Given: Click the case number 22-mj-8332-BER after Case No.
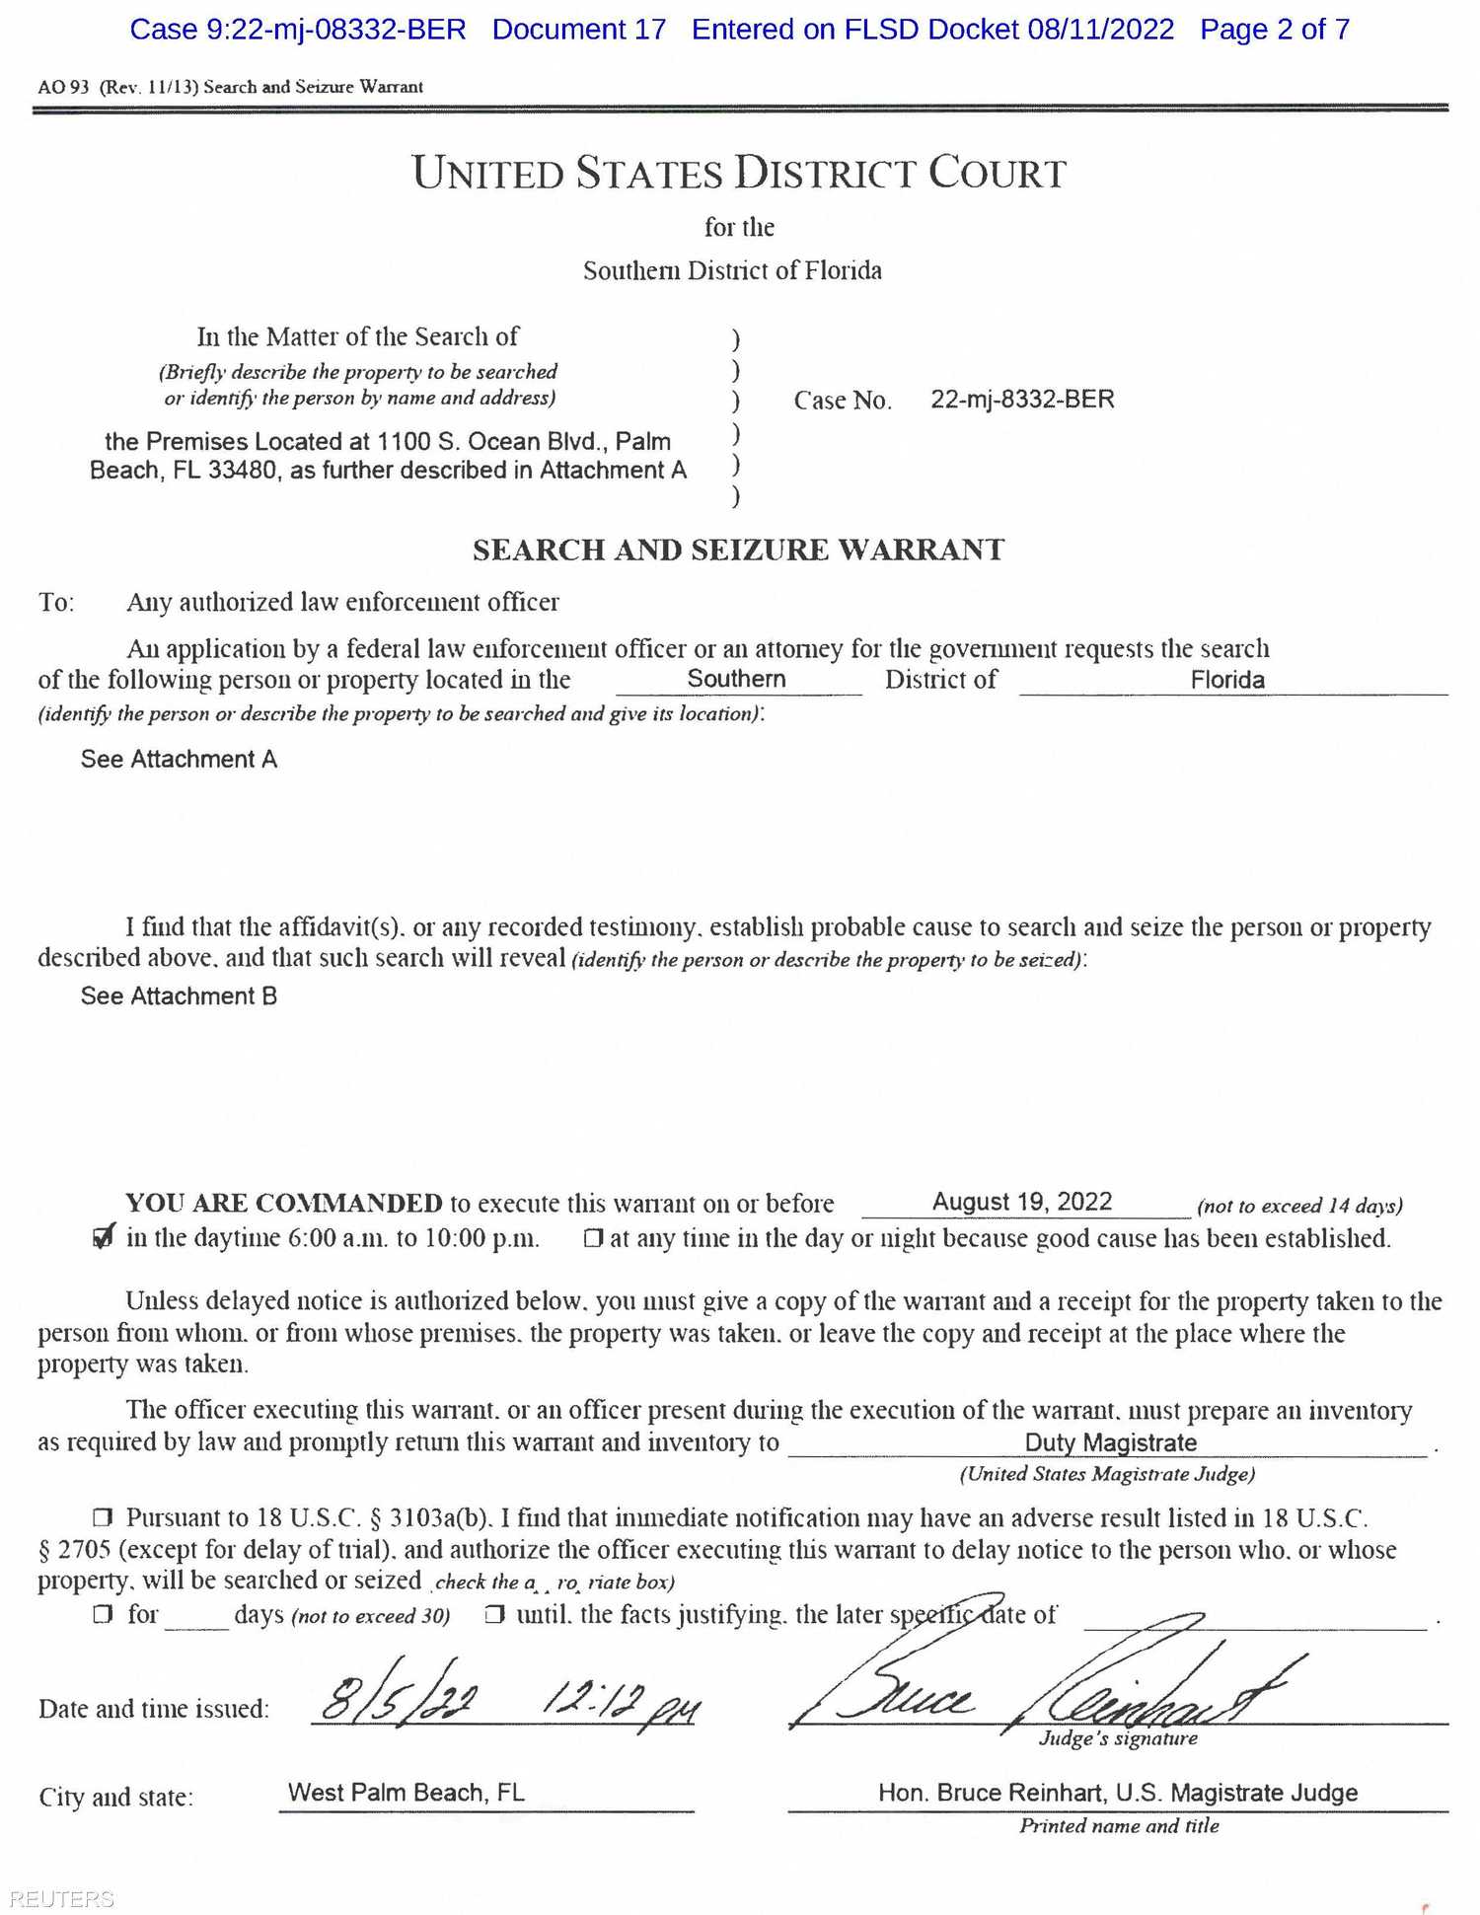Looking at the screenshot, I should point(1022,400).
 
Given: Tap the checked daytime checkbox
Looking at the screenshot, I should point(103,1237).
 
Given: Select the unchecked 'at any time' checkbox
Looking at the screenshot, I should point(592,1238).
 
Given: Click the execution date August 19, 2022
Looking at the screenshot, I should point(1022,1202).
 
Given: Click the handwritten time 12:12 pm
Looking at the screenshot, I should point(620,1701).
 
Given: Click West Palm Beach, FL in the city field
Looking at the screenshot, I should point(406,1792).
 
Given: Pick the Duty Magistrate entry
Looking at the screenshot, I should point(1110,1442).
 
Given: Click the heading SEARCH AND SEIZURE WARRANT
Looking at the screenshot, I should point(738,550).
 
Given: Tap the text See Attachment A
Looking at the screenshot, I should point(179,759).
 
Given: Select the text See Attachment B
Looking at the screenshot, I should point(179,996).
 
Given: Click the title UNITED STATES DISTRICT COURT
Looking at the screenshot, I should point(739,173).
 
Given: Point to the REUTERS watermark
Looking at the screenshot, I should point(61,1899).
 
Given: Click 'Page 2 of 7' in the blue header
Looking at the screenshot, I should point(1274,30).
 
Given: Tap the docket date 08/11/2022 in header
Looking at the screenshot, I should point(1100,30).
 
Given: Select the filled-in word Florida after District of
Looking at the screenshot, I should point(1226,680).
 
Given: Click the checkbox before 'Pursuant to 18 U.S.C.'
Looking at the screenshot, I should point(103,1517).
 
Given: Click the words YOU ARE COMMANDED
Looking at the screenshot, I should point(284,1203).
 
